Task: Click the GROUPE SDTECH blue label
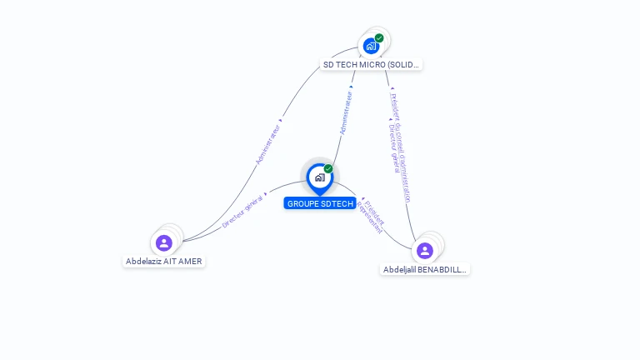(x=320, y=203)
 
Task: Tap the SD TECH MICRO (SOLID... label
(x=371, y=64)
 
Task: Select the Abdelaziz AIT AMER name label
(x=163, y=261)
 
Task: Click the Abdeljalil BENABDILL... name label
(x=425, y=269)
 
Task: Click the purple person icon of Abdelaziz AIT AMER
(x=163, y=242)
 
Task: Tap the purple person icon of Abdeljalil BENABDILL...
(x=424, y=250)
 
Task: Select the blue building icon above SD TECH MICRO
(x=371, y=46)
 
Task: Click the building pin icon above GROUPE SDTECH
(x=319, y=177)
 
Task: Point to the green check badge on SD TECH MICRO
(x=379, y=37)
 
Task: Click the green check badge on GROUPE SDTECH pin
(x=328, y=168)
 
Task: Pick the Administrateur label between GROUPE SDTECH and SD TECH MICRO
(x=346, y=113)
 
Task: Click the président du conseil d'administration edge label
(x=401, y=146)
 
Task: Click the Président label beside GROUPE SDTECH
(x=376, y=209)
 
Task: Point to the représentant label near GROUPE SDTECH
(x=369, y=217)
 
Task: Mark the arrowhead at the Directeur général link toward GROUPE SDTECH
(x=266, y=194)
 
